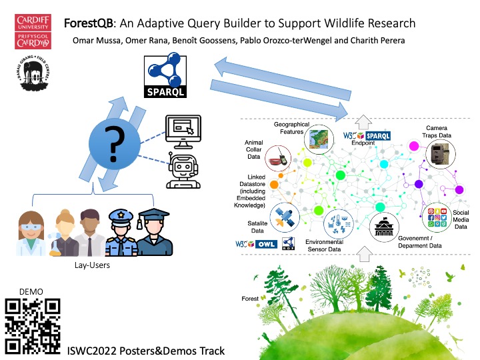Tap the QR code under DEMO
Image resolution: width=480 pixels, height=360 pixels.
tap(33, 325)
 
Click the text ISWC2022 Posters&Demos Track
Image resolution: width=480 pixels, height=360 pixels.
tap(146, 351)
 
